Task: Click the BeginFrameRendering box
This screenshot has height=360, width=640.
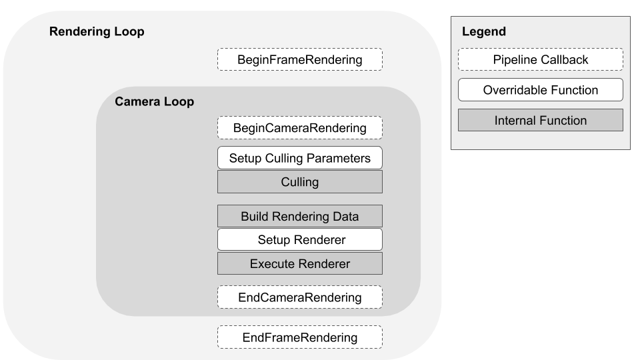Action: click(300, 60)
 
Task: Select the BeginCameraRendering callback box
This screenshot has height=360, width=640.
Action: click(300, 127)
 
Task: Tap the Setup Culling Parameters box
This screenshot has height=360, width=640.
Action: click(300, 158)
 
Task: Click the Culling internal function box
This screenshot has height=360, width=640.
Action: click(300, 181)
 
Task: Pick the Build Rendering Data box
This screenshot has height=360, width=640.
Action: click(300, 216)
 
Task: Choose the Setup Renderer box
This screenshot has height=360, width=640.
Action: click(300, 239)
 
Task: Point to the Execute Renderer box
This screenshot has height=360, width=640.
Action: click(300, 263)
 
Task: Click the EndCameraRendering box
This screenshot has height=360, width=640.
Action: click(300, 297)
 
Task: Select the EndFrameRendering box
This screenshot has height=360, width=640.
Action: click(300, 337)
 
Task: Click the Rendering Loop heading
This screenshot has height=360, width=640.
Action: click(97, 32)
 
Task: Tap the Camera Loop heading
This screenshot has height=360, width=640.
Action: click(154, 102)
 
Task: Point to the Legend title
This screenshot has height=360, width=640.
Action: click(483, 32)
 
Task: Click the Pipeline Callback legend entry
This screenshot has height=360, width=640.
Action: click(541, 60)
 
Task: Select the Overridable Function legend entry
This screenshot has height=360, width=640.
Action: click(541, 89)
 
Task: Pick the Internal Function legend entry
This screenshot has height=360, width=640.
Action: click(541, 121)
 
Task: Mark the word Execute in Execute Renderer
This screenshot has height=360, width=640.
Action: click(270, 263)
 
